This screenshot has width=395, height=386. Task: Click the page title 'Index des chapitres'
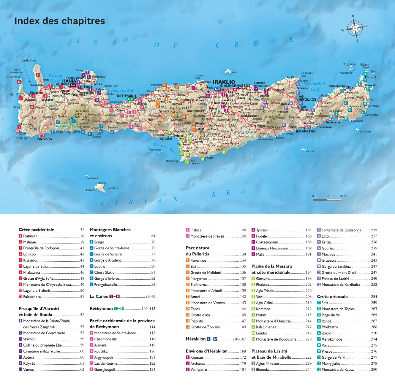click(x=60, y=21)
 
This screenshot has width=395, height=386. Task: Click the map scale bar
click(x=326, y=200)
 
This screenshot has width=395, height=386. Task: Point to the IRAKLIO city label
click(x=224, y=82)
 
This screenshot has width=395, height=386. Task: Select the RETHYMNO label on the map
click(x=126, y=96)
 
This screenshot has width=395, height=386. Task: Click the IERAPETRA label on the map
click(x=306, y=131)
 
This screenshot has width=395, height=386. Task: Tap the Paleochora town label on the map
click(x=44, y=139)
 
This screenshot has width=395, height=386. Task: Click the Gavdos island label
click(x=113, y=188)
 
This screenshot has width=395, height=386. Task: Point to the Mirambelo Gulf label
click(x=315, y=86)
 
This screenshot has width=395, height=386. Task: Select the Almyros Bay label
click(x=123, y=91)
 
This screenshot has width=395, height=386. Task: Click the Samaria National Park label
click(x=64, y=125)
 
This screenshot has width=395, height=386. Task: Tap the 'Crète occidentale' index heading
click(x=36, y=230)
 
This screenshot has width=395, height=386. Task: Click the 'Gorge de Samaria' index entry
click(x=108, y=254)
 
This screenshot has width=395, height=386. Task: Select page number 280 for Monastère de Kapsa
click(x=374, y=370)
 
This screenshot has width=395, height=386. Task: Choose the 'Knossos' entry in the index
click(x=197, y=357)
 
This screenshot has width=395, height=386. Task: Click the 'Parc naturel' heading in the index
click(x=198, y=248)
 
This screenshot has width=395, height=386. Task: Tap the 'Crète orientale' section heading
click(x=332, y=297)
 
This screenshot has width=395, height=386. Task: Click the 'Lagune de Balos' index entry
click(x=36, y=266)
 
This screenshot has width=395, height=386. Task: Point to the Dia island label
click(x=234, y=72)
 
